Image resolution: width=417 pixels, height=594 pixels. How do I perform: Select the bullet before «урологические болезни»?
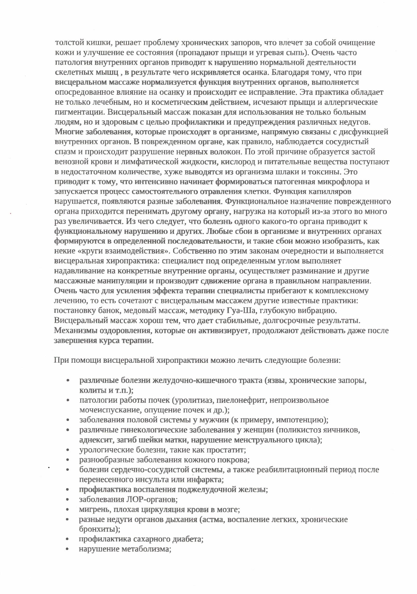[68, 450]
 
